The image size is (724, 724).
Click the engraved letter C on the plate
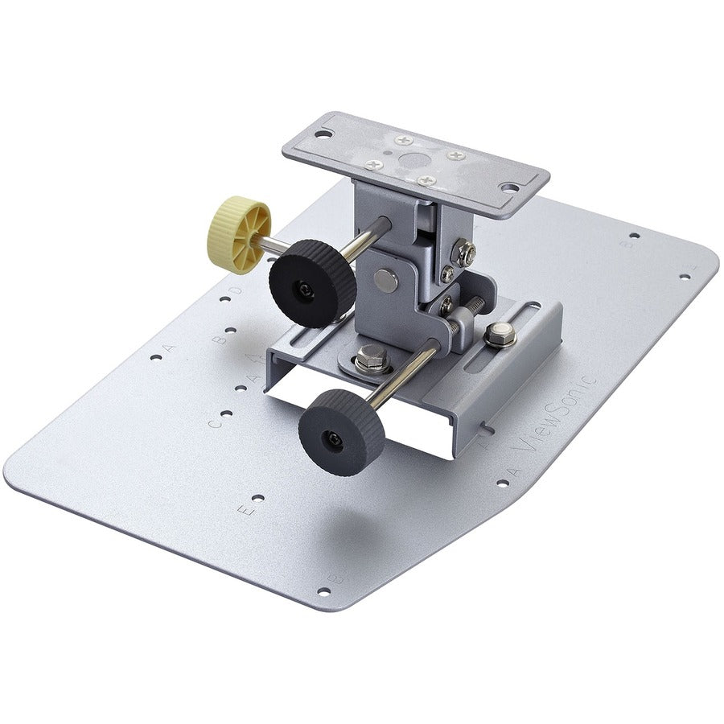pyautogui.click(x=214, y=422)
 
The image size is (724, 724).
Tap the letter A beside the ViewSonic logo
pyautogui.click(x=513, y=469)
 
